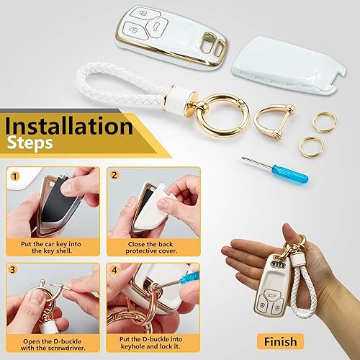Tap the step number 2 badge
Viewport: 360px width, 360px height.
coord(114,174)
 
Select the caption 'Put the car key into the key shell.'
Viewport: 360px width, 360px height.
coord(53,246)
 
